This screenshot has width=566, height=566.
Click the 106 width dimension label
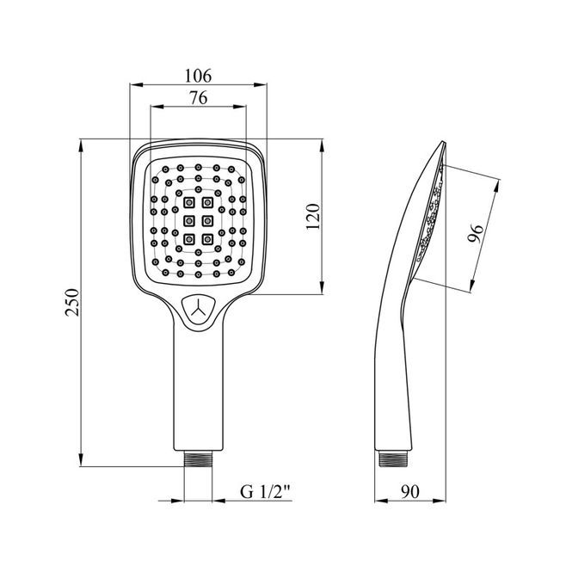coord(198,76)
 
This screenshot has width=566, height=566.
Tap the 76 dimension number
coord(199,97)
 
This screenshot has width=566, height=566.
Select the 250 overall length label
coord(72,302)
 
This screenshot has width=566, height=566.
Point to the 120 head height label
coord(313,216)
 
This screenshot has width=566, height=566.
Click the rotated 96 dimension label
coord(475,233)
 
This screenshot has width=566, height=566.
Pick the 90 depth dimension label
coord(410,491)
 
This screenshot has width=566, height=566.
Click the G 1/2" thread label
coord(265,491)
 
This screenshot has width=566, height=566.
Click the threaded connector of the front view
coord(198,458)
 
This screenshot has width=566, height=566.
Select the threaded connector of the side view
coord(393,458)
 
